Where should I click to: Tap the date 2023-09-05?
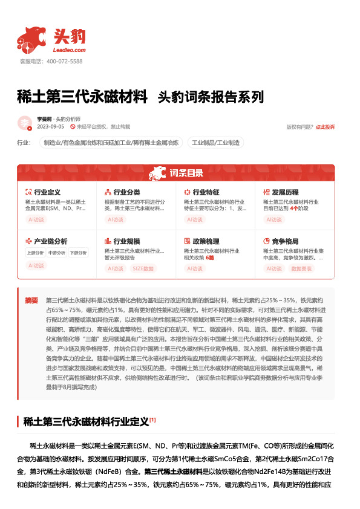click(51, 127)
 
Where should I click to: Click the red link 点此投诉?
click(325, 127)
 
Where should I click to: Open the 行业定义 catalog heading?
click(47, 192)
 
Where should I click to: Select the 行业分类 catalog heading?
click(126, 192)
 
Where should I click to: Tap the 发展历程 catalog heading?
click(285, 192)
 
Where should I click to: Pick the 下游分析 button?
click(77, 253)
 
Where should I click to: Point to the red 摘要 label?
click(31, 300)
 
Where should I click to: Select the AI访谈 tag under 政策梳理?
click(194, 268)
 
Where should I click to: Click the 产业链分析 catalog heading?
click(50, 241)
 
